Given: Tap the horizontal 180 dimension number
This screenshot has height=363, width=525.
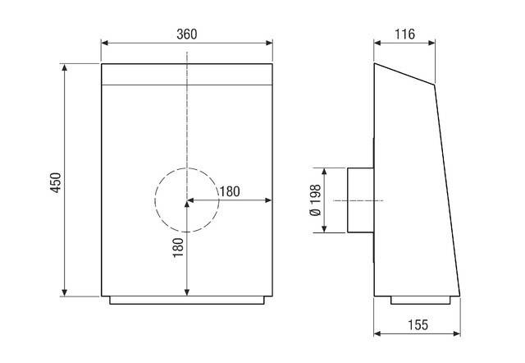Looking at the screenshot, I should tap(229, 191).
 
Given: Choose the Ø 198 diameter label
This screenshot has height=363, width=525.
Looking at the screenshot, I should tap(314, 201).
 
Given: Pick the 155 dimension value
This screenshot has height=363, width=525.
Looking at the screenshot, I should tap(417, 325).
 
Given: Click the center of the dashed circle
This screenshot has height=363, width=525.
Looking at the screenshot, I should tap(187, 200).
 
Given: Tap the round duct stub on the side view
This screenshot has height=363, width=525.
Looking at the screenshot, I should tap(359, 200).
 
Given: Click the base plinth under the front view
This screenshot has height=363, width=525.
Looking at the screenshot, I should tap(187, 300).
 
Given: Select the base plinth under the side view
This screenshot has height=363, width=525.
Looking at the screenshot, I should tap(422, 300).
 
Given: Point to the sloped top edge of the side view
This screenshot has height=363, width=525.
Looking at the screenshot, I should tap(404, 74).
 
